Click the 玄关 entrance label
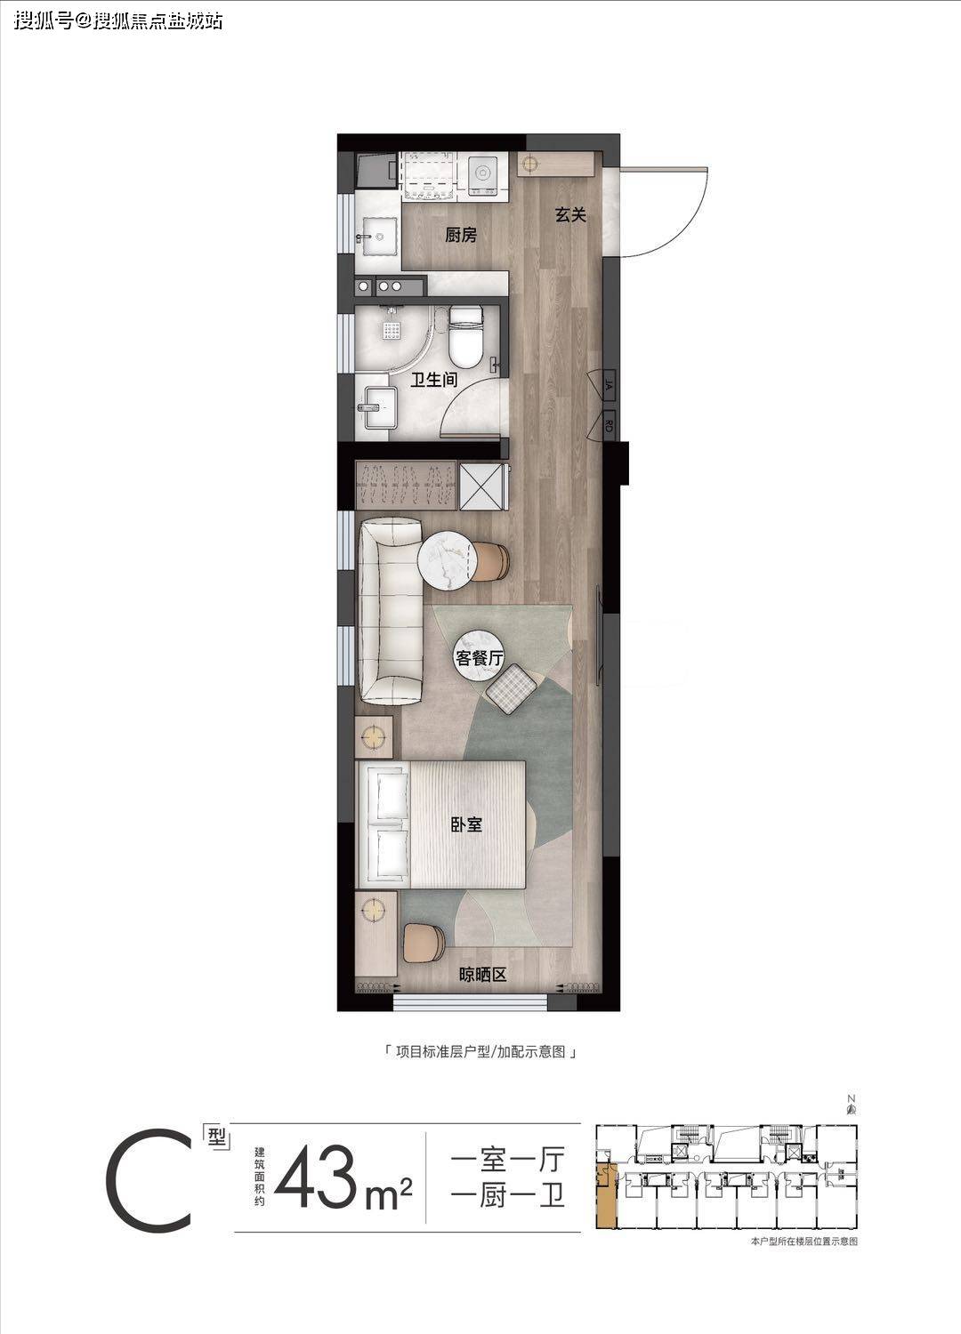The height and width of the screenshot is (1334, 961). click(570, 214)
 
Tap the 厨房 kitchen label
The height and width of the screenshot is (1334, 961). click(461, 236)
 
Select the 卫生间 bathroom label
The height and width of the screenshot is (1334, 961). click(433, 380)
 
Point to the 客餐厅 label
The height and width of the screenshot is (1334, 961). click(479, 658)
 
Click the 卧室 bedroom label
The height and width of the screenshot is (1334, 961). click(466, 824)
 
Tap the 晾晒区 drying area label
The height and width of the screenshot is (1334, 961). click(482, 975)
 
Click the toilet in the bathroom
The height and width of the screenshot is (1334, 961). click(464, 336)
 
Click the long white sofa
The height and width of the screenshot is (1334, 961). click(390, 611)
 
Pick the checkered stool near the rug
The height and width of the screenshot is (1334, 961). click(511, 688)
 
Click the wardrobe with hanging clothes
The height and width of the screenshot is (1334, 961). click(405, 484)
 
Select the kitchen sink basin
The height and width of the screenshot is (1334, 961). click(378, 237)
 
